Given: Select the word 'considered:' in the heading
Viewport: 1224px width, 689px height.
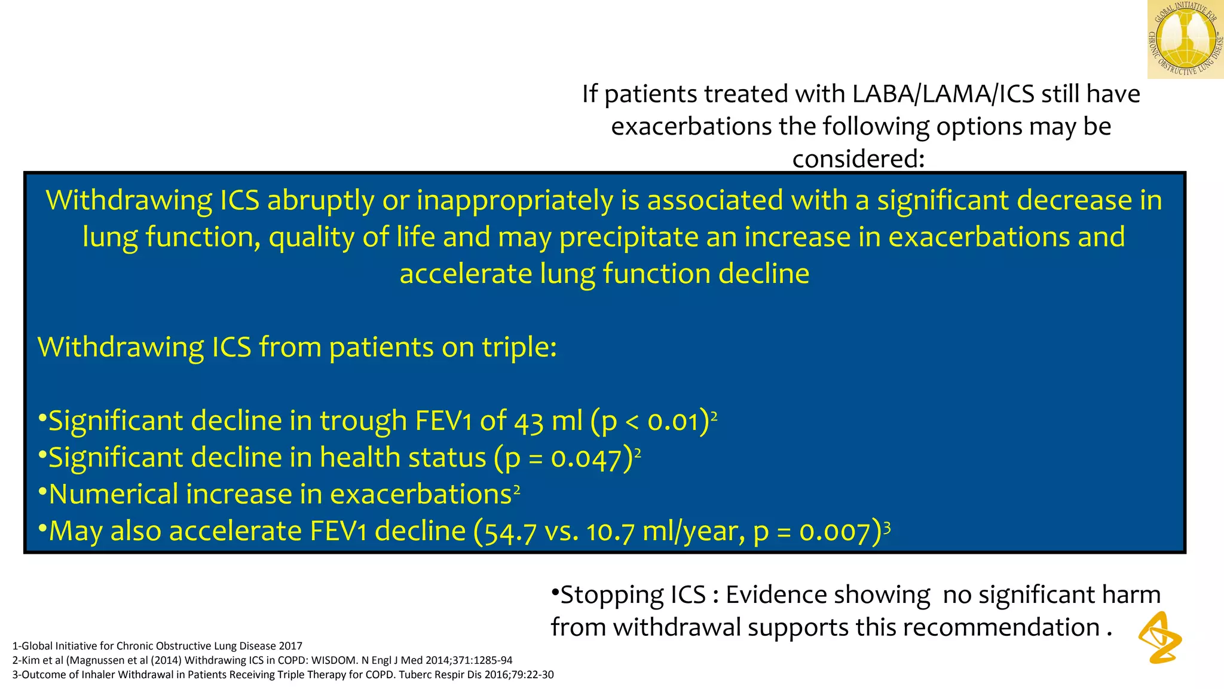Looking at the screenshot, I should pyautogui.click(x=858, y=158).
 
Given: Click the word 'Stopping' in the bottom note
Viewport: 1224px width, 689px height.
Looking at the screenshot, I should pyautogui.click(x=611, y=595).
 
